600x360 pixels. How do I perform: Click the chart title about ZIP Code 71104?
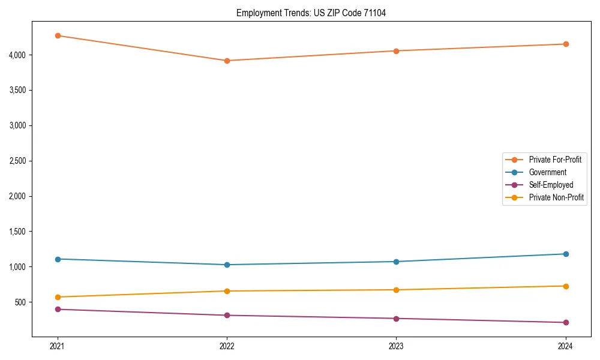point(311,13)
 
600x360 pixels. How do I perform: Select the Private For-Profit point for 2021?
point(58,35)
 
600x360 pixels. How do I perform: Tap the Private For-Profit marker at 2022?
point(227,61)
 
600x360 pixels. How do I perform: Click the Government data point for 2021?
point(58,259)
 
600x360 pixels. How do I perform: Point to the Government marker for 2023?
point(396,262)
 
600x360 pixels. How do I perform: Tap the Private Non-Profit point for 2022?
point(227,291)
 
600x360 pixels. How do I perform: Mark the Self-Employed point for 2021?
point(58,309)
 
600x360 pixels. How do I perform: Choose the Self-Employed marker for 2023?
point(396,319)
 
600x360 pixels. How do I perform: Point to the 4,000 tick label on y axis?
point(18,55)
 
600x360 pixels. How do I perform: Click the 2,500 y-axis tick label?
point(18,161)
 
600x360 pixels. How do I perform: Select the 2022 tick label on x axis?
point(227,346)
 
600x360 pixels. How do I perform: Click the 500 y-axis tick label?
point(22,302)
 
